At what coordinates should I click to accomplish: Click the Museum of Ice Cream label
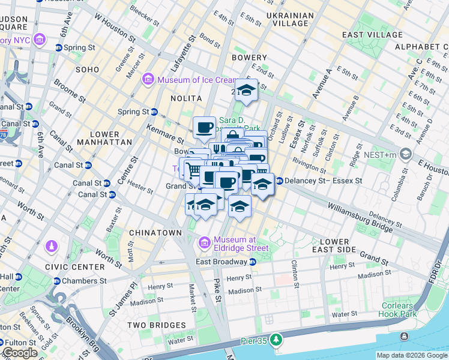click(189, 79)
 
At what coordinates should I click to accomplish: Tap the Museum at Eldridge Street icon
click(204, 242)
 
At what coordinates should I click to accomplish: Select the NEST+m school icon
click(406, 155)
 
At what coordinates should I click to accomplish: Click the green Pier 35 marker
click(276, 340)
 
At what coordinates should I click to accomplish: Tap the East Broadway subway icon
click(253, 262)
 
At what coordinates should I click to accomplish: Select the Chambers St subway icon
click(57, 281)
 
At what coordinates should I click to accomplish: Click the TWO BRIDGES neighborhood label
click(152, 325)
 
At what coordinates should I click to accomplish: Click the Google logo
click(20, 352)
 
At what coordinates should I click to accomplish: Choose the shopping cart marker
click(192, 169)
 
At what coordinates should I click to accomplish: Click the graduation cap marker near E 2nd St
click(246, 91)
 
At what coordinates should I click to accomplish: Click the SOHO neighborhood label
click(88, 70)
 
